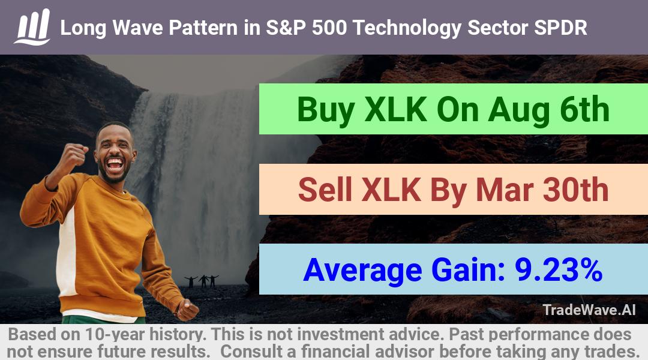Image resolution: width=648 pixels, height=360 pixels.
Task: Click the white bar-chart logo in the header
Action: point(32,27)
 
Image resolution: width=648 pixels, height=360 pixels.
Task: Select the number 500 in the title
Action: point(329,28)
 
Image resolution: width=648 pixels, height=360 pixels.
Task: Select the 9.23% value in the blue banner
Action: point(559,269)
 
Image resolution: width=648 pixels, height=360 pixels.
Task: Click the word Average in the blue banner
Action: point(362,271)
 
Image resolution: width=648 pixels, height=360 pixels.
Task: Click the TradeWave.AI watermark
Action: point(589,310)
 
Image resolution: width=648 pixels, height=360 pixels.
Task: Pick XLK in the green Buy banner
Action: point(395,110)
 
